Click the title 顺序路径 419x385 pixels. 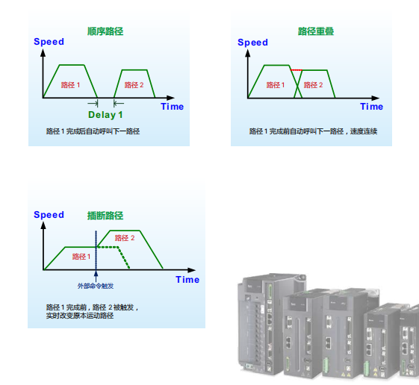pos(105,31)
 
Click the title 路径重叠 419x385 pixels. pos(316,31)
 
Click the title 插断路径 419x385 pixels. pos(105,216)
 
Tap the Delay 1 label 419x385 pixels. pos(105,115)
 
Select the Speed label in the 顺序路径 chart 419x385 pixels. pos(49,42)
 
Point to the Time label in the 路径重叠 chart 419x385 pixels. pos(371,107)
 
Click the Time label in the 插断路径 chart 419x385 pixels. pos(187,280)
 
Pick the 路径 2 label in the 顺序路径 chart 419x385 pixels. pos(134,85)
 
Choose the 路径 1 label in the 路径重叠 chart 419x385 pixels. pos(276,85)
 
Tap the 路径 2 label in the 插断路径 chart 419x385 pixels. pos(125,238)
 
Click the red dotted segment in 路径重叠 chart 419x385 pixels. pos(297,70)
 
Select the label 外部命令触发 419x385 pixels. pos(96,286)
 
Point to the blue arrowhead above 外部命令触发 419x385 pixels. pos(96,273)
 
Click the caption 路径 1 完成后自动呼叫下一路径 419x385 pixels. pos(93,131)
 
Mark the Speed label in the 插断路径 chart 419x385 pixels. pos(49,215)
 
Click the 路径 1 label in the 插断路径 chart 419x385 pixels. pos(81,257)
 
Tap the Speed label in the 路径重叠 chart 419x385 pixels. pos(252,43)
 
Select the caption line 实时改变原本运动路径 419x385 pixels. pos(80,316)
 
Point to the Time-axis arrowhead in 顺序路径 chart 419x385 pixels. pos(171,98)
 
